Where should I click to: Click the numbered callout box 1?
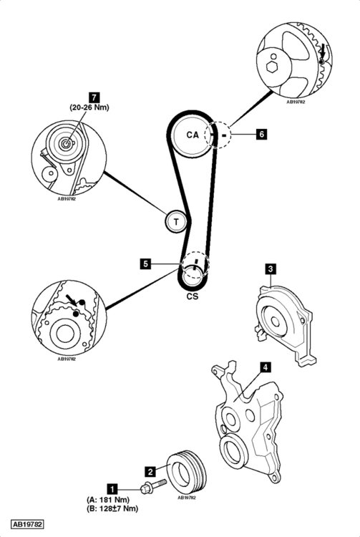click(112, 489)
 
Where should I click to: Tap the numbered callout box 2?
click(150, 472)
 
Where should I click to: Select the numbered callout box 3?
click(271, 268)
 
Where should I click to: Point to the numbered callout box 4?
click(266, 367)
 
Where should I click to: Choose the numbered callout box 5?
click(146, 264)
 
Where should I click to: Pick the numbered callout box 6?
click(262, 134)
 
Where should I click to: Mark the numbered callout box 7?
click(94, 97)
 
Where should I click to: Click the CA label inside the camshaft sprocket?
click(193, 135)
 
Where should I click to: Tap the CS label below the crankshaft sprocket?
click(193, 296)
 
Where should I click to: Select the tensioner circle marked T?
click(176, 221)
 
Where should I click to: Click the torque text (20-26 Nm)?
click(89, 107)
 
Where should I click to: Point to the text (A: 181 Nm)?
click(109, 500)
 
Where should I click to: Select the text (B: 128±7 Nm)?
click(112, 508)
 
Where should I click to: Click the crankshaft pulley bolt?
click(153, 485)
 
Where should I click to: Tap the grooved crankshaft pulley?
click(187, 472)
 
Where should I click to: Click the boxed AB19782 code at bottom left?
click(27, 524)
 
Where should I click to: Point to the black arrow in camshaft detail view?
click(322, 51)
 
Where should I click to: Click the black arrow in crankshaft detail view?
click(72, 300)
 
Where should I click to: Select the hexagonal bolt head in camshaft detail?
click(272, 67)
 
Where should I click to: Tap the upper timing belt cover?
click(285, 325)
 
